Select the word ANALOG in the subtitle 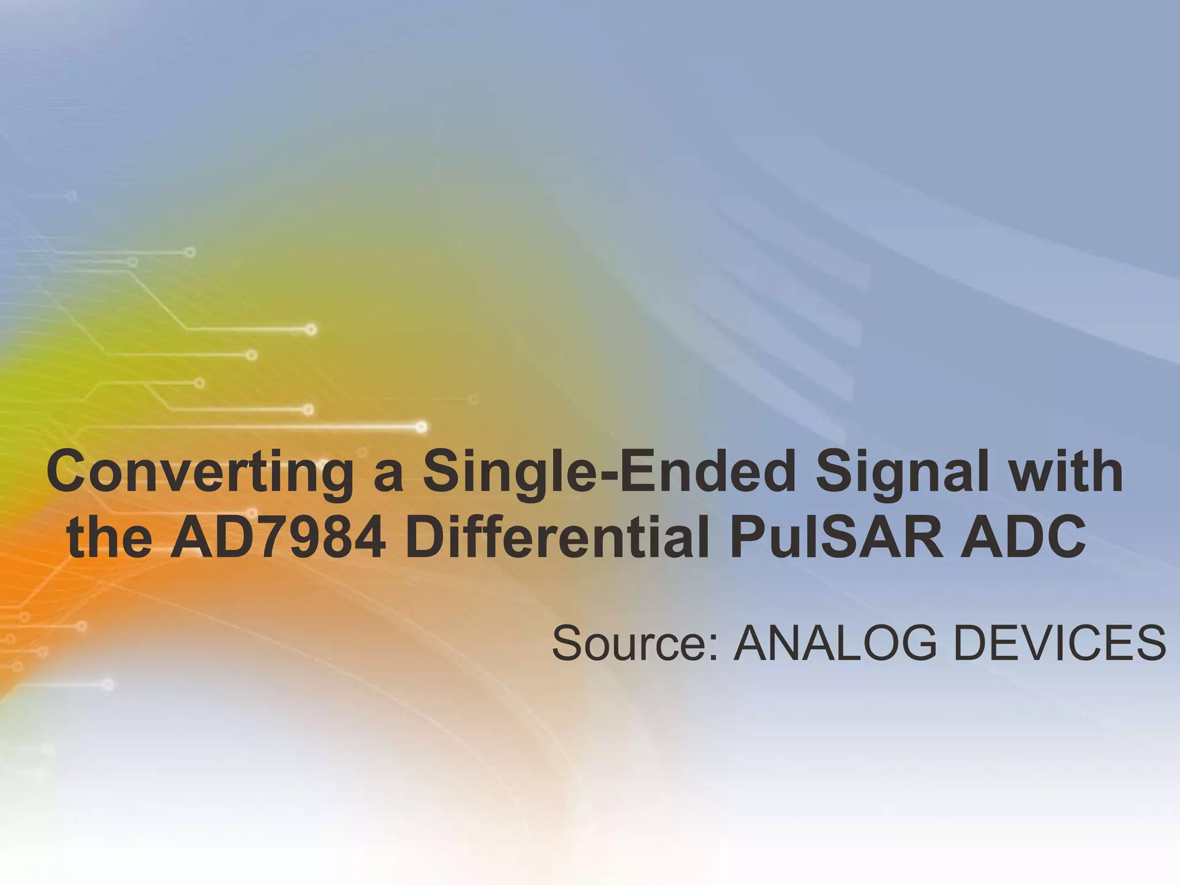835,644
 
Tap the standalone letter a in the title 388,478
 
